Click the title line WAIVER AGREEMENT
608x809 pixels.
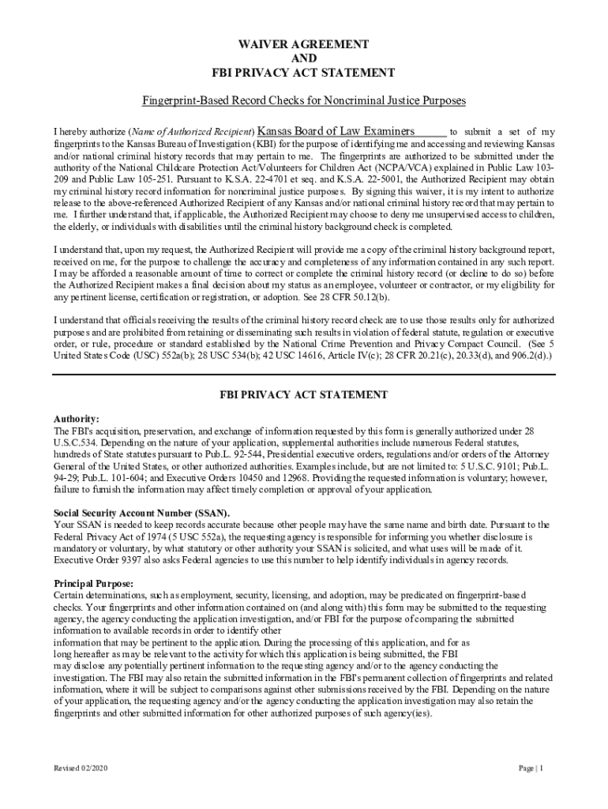click(x=303, y=44)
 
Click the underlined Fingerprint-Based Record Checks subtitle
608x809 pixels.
click(x=304, y=101)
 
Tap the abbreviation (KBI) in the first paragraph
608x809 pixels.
click(x=267, y=145)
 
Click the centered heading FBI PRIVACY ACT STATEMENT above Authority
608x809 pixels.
click(x=303, y=394)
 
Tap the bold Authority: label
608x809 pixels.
click(x=76, y=419)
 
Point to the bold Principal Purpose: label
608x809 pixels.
click(x=93, y=583)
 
